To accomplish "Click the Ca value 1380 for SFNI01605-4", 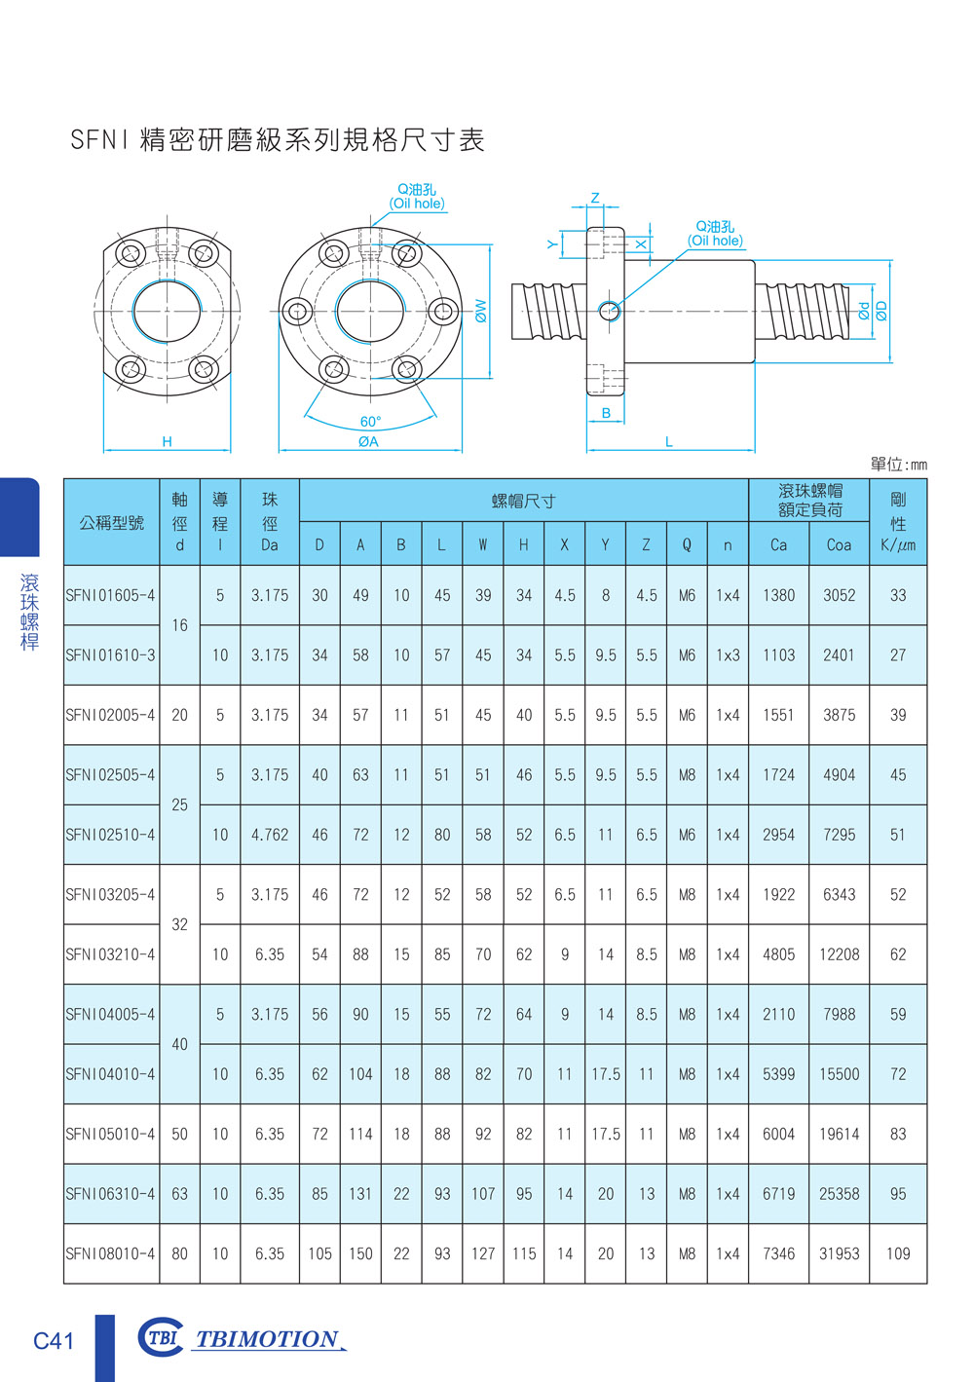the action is click(778, 595).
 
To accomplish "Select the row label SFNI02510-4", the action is click(110, 835).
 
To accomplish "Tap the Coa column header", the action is click(839, 544).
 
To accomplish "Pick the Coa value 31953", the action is click(839, 1253).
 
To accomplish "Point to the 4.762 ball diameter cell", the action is click(270, 835).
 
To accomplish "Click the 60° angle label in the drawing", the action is click(371, 422).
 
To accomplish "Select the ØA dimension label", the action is click(368, 441).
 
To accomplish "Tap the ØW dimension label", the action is click(481, 311).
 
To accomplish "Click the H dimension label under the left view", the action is click(168, 441).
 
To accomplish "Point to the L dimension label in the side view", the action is click(669, 442).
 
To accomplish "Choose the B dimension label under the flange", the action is click(606, 413).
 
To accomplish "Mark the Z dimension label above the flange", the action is click(595, 198).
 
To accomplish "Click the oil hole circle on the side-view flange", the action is click(610, 311).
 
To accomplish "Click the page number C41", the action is click(53, 1341).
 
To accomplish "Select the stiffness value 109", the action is click(898, 1253).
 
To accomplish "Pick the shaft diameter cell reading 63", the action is click(179, 1194).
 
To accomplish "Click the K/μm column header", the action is click(898, 544).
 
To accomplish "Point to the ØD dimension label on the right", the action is click(881, 311).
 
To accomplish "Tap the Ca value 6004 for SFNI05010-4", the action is click(778, 1134).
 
